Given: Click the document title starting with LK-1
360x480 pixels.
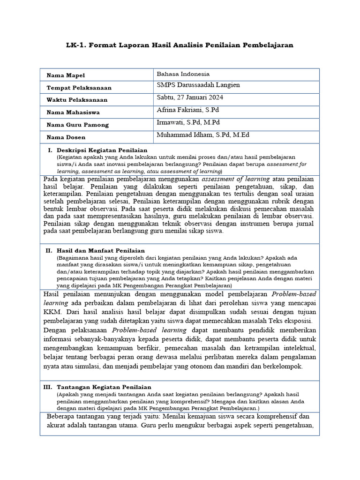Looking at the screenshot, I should pos(180,45).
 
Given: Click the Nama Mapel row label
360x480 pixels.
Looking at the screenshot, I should pos(66,75).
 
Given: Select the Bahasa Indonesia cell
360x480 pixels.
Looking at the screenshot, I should pos(183,74).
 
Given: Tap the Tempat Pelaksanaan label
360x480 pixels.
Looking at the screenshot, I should pos(79,88).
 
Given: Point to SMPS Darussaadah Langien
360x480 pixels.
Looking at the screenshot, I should pos(198,85).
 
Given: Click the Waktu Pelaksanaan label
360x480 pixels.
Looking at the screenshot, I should pos(77,100).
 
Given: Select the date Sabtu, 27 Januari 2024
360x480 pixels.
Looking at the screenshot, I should pos(190,97).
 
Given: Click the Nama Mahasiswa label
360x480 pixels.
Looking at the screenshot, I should pos(73,112).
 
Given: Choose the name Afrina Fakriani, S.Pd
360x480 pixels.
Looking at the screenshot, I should pos(187,110).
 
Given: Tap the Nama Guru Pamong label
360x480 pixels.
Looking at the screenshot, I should pos(77,125).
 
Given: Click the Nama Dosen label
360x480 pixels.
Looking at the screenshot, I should pos(67,137).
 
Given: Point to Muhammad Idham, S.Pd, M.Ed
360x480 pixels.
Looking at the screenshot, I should pos(203,135).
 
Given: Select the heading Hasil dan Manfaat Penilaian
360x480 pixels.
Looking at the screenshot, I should pos(100,251).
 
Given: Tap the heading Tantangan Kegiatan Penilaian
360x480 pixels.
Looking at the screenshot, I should pos(104,387).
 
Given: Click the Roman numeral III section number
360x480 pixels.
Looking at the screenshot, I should pos(47,387).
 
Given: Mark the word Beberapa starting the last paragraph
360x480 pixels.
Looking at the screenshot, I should pos(62,416).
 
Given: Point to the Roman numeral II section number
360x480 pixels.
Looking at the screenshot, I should pos(49,251).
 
